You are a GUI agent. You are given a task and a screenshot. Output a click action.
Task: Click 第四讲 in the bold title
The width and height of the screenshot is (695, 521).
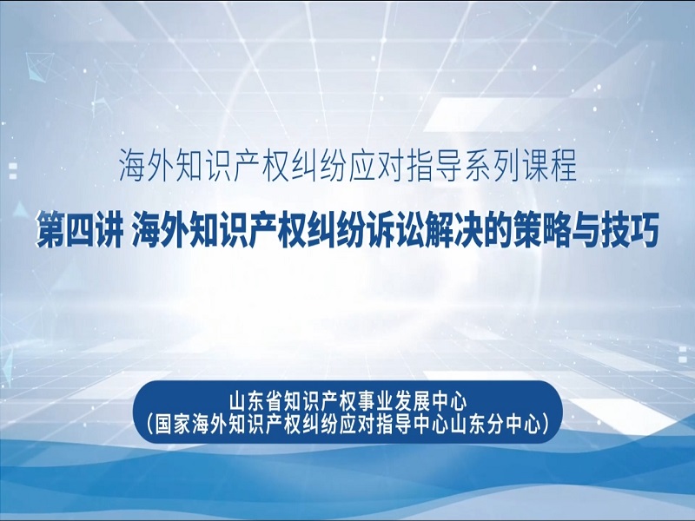tap(79, 230)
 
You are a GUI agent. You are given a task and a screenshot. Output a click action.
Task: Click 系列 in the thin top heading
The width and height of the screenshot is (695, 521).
tap(492, 166)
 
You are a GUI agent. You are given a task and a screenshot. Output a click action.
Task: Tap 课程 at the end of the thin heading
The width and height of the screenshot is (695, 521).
tap(549, 166)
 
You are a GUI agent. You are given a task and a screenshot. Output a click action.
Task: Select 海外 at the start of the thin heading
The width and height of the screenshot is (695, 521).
tap(147, 166)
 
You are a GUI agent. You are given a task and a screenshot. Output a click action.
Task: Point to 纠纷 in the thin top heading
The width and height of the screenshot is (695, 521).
tap(320, 166)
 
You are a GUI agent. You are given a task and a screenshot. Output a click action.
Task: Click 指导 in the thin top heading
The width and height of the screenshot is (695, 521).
tap(434, 166)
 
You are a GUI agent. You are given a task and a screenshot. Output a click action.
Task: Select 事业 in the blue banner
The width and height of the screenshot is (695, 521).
tap(374, 402)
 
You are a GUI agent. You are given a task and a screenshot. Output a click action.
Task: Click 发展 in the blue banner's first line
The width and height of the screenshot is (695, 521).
tap(412, 402)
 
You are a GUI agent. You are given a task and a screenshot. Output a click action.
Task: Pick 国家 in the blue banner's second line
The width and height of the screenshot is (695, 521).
tap(173, 425)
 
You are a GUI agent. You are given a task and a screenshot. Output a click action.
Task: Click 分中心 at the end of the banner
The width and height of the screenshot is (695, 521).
tap(514, 425)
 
